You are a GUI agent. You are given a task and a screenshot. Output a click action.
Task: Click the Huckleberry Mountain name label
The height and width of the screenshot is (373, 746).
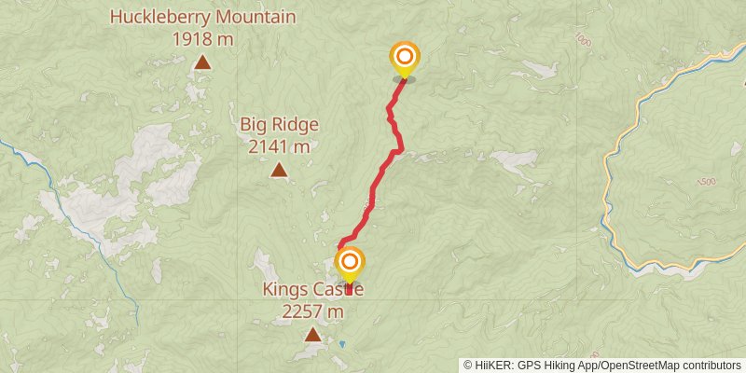click(202, 17)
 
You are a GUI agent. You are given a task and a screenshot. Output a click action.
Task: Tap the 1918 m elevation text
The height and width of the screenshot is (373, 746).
click(202, 39)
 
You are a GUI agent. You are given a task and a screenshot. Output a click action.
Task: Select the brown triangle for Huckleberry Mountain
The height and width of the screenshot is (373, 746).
click(202, 63)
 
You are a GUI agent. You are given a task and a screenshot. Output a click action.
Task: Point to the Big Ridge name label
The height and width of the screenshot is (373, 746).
click(279, 124)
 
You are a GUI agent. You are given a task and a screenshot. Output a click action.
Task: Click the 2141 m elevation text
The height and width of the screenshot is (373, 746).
click(279, 146)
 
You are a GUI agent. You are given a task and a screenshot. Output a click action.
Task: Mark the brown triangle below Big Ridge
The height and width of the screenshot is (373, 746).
click(279, 170)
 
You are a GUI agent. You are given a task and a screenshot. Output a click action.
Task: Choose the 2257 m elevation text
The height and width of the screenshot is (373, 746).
click(312, 312)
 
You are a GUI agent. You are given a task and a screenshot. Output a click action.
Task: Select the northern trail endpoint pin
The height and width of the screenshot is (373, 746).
click(405, 58)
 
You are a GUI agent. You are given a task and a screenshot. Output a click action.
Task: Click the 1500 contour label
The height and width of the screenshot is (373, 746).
click(706, 181)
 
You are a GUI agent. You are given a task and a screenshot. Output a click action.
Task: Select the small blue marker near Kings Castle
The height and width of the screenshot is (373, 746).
click(341, 345)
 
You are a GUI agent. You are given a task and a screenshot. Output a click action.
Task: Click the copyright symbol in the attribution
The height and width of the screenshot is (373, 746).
click(468, 366)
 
